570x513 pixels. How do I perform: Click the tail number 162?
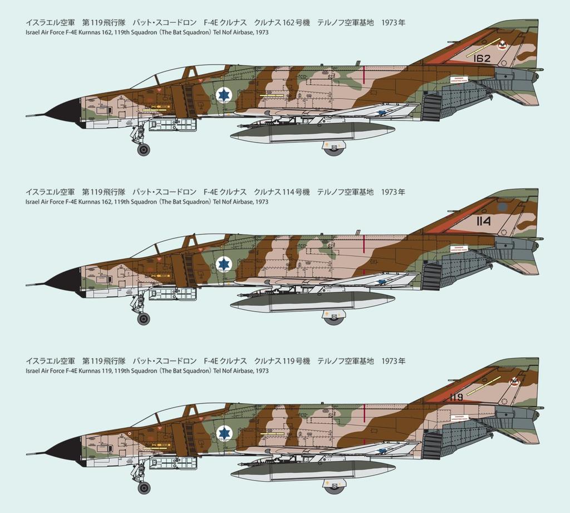click(x=482, y=58)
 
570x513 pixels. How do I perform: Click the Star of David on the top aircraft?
click(x=224, y=95)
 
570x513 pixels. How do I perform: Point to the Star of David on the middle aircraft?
click(x=224, y=263)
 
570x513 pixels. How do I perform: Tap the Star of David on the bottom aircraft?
click(x=224, y=432)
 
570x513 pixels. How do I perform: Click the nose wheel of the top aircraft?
click(x=144, y=149)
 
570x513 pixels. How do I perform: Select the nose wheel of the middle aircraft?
click(x=144, y=319)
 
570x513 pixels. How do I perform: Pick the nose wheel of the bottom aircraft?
click(x=144, y=488)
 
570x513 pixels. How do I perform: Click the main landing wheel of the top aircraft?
click(x=334, y=149)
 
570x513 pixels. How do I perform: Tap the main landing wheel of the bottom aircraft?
click(x=334, y=487)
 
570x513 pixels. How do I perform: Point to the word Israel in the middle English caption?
click(x=32, y=202)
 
